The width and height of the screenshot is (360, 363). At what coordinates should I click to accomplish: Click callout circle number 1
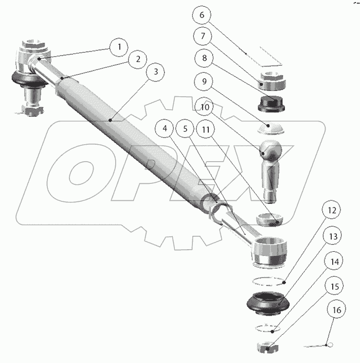(x=119, y=47)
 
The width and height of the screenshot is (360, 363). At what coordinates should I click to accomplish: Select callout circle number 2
(x=137, y=59)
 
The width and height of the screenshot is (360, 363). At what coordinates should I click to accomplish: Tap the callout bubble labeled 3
(x=156, y=72)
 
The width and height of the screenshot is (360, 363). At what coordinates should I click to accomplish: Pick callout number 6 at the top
(x=202, y=15)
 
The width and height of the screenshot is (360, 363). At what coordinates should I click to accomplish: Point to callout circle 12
(x=332, y=210)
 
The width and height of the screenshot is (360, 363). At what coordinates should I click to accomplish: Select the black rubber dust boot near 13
(x=272, y=303)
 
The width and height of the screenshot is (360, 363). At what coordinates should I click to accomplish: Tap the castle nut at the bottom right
(x=267, y=348)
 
